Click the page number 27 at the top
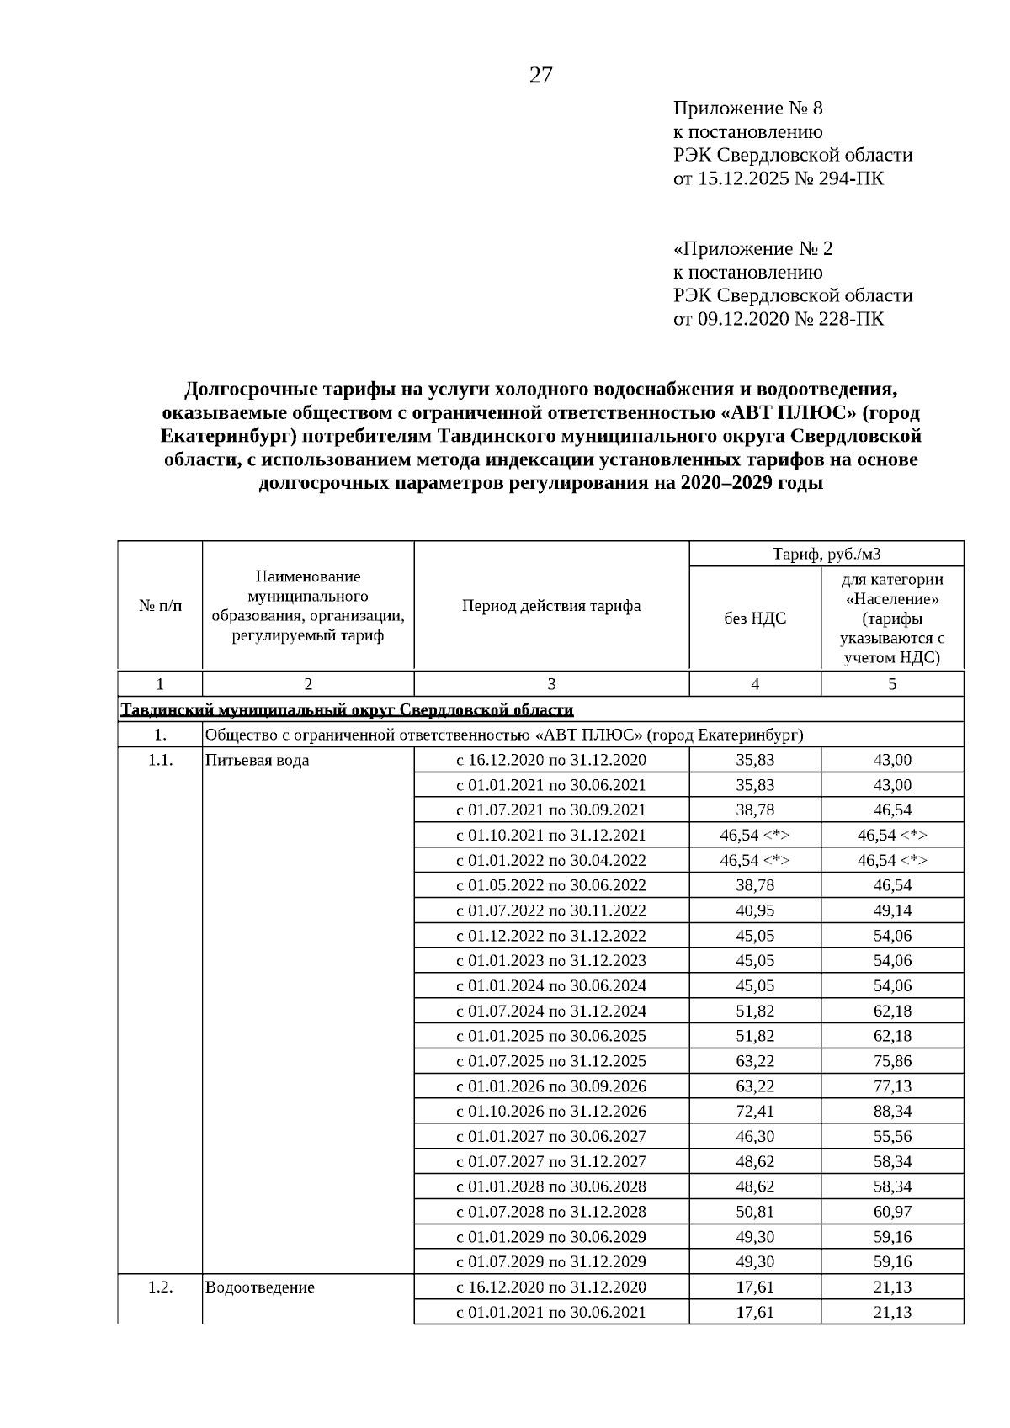tap(541, 76)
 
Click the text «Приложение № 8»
tap(747, 108)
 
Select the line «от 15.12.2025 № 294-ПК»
tap(778, 178)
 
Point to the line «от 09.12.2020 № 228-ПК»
tap(778, 319)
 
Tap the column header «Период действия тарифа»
tap(551, 606)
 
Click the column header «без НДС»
tap(755, 618)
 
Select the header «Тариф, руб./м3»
tap(827, 554)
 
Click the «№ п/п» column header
tap(160, 606)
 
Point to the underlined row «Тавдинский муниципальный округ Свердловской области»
tap(347, 709)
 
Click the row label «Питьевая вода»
tap(257, 760)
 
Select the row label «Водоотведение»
tap(260, 1287)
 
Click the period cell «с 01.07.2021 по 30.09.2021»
tap(551, 810)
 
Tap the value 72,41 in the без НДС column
tap(755, 1111)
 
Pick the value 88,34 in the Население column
tap(892, 1111)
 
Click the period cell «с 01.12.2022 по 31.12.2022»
tap(551, 936)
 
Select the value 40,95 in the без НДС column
tap(755, 910)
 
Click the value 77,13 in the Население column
tap(892, 1086)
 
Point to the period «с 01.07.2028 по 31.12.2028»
tap(551, 1212)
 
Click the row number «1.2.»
tap(160, 1287)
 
